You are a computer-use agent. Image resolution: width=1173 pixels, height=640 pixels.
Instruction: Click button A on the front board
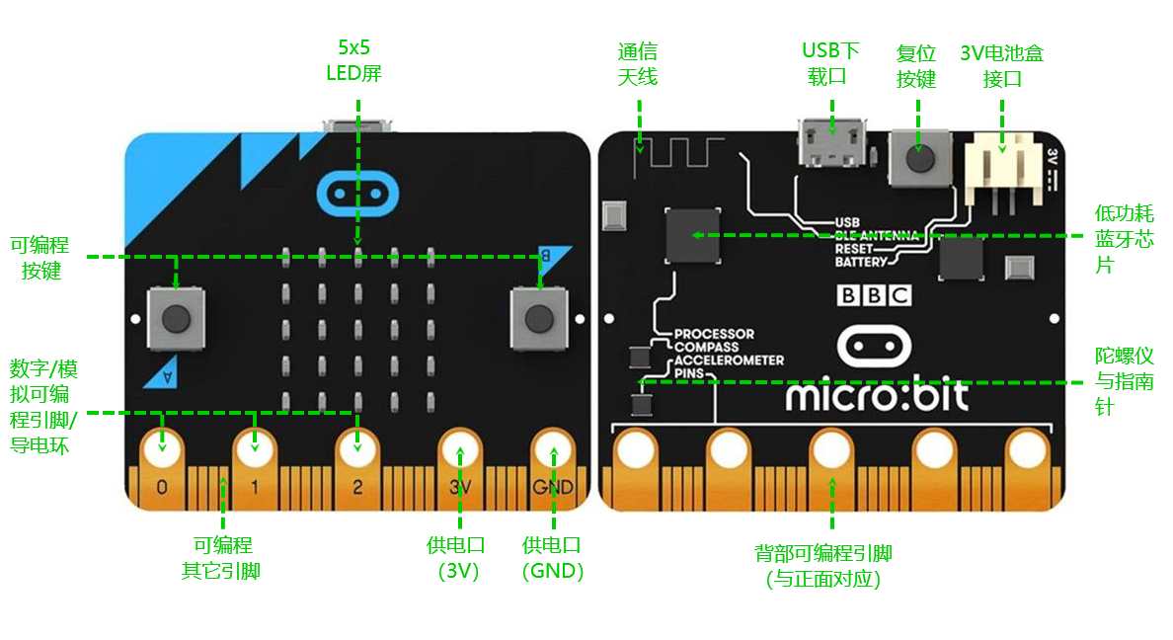pos(176,318)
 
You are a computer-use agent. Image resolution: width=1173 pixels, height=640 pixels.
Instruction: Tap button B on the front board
pos(538,318)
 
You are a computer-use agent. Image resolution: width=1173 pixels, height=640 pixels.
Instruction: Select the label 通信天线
pos(638,64)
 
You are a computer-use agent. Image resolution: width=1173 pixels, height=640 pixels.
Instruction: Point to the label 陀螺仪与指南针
pos(1124,381)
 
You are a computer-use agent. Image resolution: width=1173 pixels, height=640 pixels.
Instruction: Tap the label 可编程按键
pos(40,258)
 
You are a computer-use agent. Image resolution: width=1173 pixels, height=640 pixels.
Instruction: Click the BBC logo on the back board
pos(873,294)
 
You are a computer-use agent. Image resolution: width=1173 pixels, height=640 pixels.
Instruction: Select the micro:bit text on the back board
pos(877,396)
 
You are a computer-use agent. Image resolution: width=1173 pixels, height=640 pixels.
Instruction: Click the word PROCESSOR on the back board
pos(714,334)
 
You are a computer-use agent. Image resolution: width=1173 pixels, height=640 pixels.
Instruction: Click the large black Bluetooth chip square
pos(693,235)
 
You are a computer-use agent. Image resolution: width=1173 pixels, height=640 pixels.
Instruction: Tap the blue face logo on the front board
pos(357,194)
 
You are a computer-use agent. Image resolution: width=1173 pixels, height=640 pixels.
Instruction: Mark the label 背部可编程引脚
pos(823,565)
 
